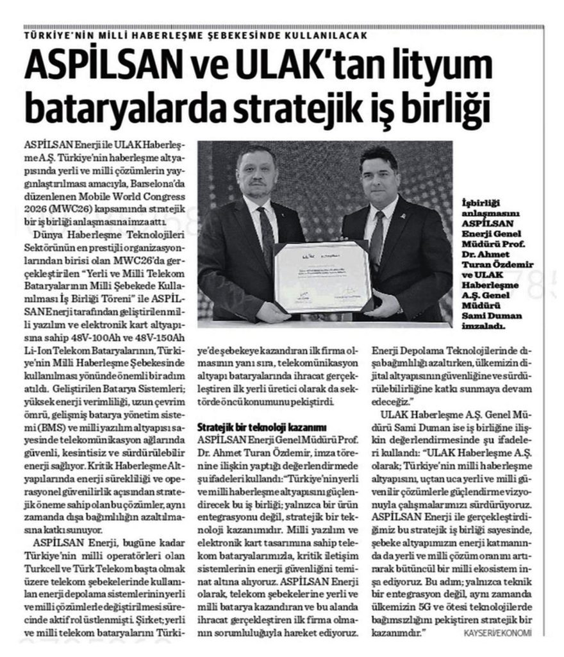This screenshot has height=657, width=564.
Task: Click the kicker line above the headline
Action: (195, 36)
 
